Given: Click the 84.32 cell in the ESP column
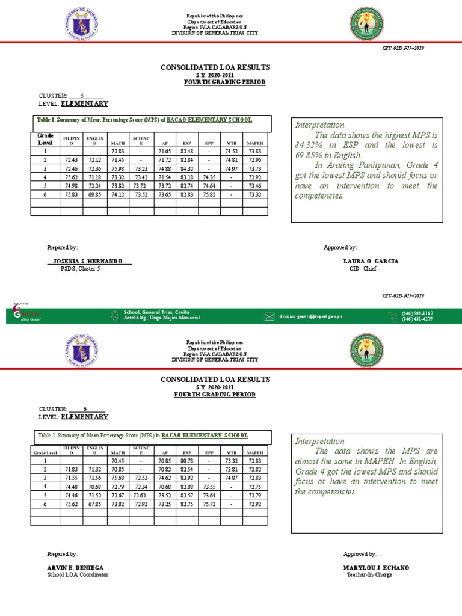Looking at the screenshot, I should click(x=186, y=169).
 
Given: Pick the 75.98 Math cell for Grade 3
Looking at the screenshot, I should click(x=117, y=169).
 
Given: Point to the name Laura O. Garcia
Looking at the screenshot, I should click(x=370, y=262).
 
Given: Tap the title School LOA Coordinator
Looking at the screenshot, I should click(x=78, y=575).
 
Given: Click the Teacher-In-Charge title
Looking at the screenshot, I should click(x=369, y=575).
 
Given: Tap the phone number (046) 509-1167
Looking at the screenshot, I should click(x=418, y=313).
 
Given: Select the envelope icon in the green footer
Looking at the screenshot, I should click(x=268, y=316).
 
